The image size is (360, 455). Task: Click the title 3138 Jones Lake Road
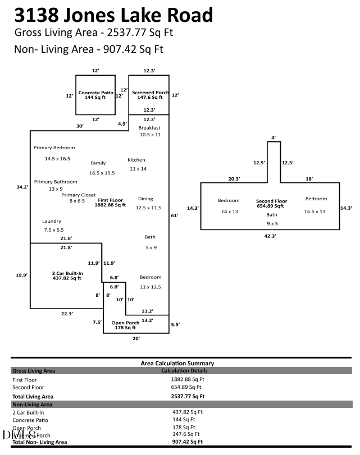[114, 15]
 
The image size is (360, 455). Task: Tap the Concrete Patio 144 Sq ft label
[96, 95]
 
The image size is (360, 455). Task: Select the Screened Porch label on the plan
[150, 95]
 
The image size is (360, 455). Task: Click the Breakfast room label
[150, 128]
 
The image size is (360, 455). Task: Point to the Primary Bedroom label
[54, 148]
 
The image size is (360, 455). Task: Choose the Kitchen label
[136, 160]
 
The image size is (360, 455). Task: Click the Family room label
[98, 163]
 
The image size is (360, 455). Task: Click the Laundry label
[52, 222]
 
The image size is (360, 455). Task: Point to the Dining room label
[145, 199]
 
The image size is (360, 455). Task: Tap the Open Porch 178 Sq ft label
[125, 325]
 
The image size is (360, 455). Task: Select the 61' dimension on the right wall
[174, 215]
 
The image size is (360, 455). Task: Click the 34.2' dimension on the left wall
[22, 187]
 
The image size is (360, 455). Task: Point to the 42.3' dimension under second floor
[270, 236]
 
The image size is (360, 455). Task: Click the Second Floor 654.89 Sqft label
[272, 203]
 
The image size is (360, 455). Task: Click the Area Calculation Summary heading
[177, 364]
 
